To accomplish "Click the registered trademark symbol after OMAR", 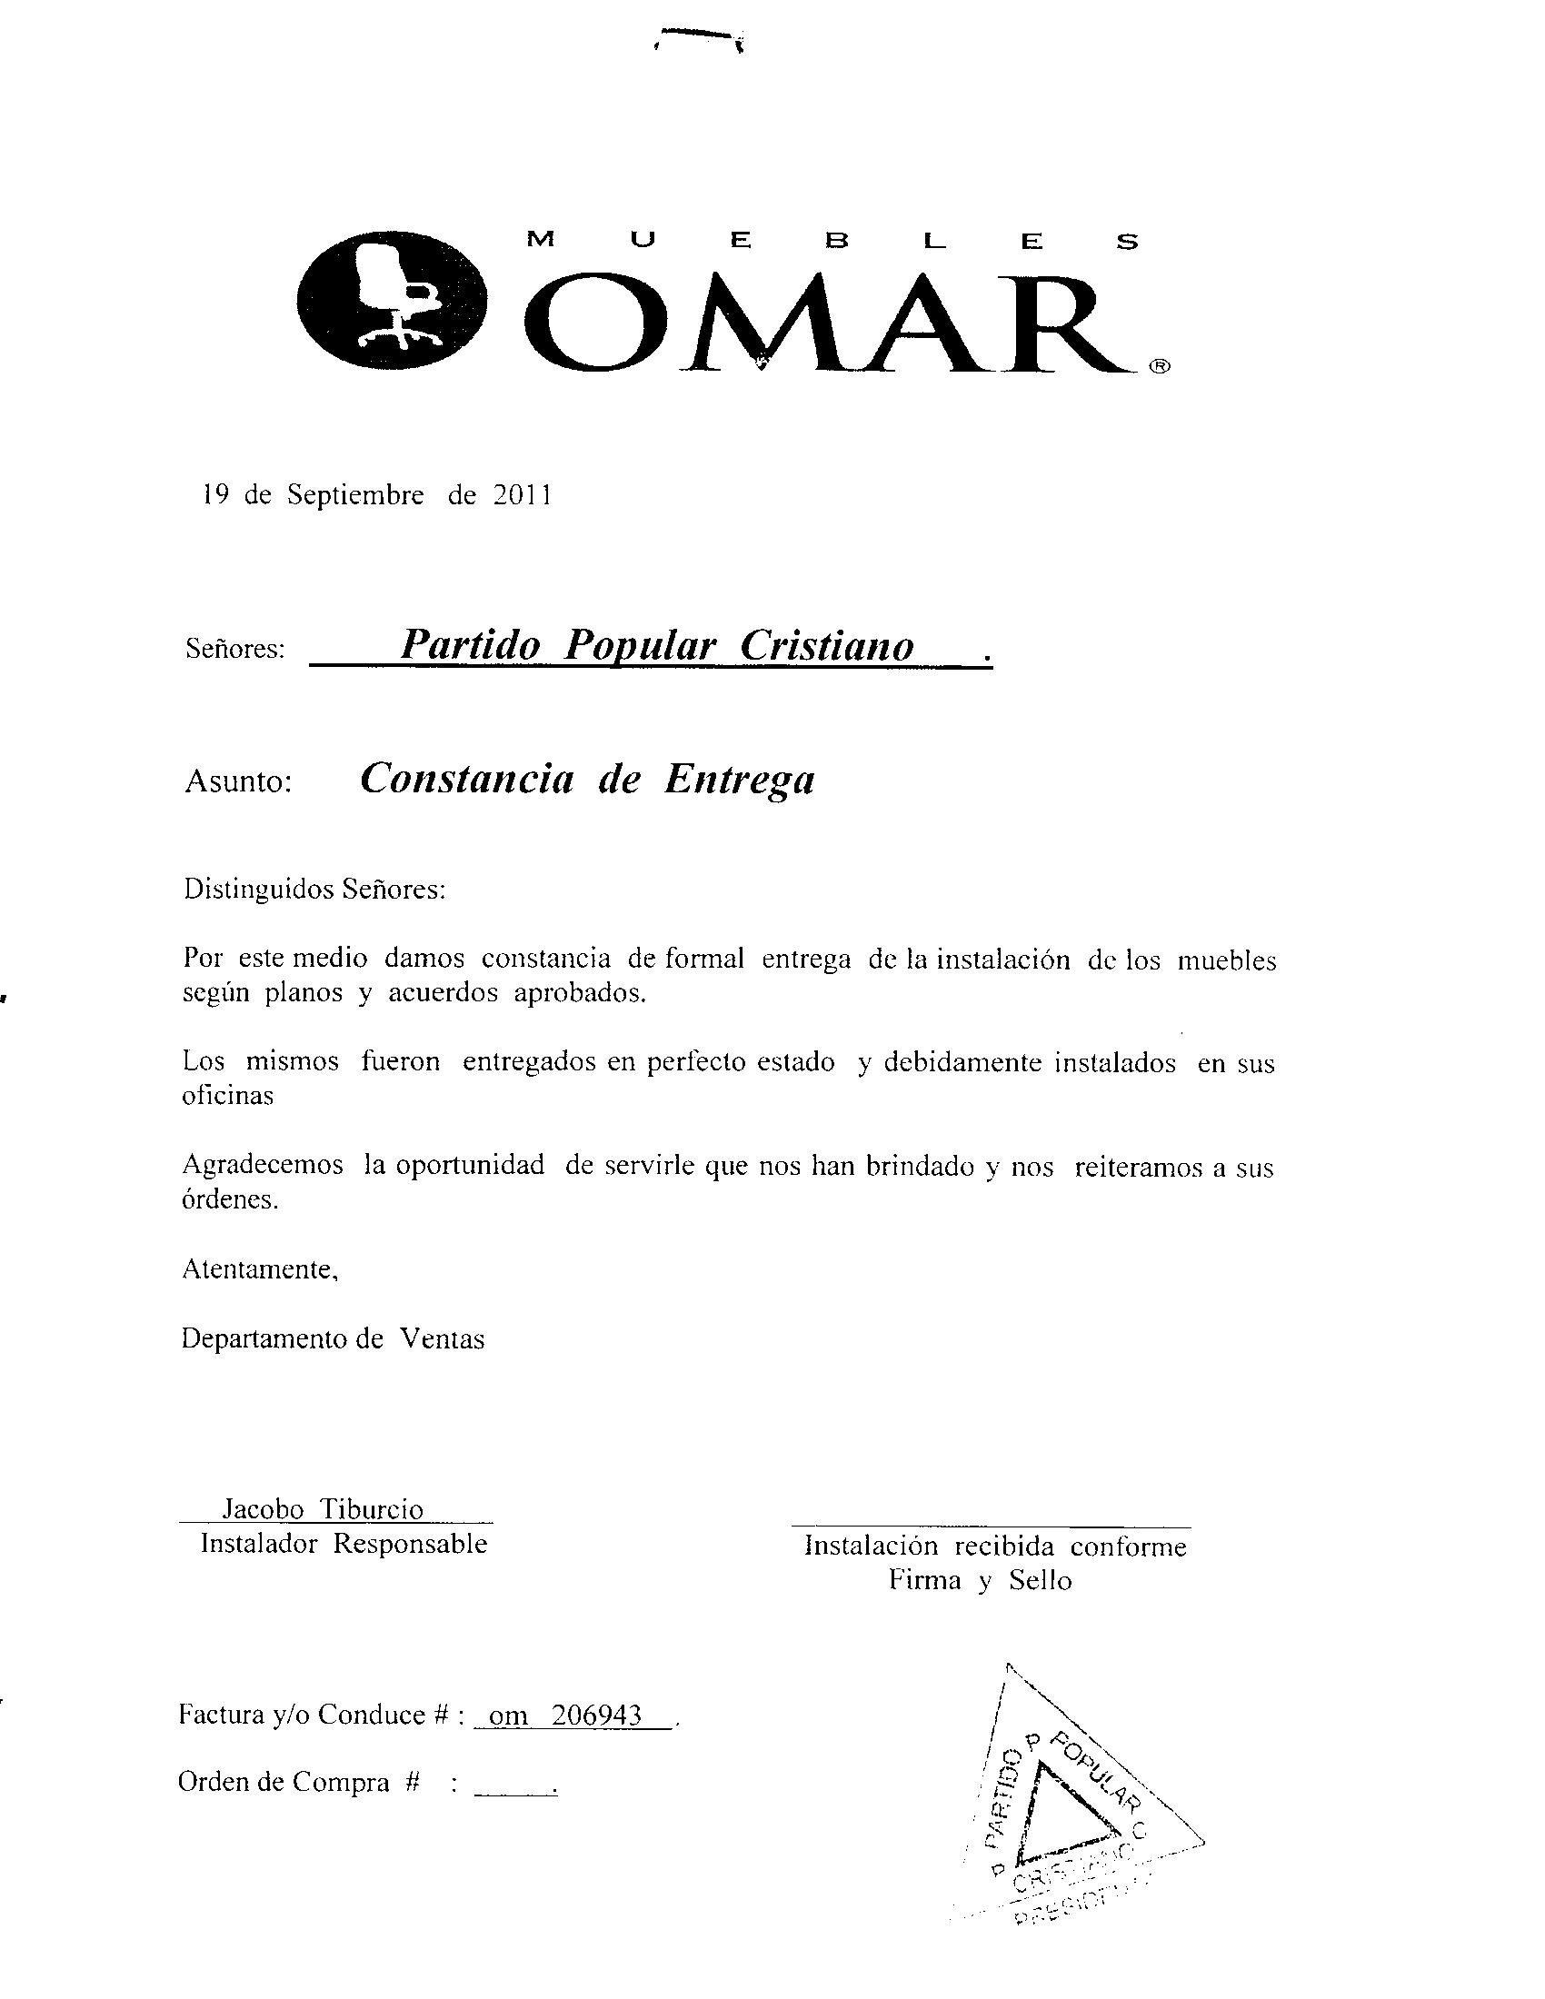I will (1158, 367).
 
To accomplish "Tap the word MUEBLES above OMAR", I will (832, 242).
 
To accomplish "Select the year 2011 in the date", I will (523, 495).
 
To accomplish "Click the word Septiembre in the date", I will (355, 495).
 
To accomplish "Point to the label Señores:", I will (235, 649).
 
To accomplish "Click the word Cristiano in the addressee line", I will (826, 645).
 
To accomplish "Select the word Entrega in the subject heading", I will (739, 779).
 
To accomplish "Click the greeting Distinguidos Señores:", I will (314, 889).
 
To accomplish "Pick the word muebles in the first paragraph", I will (1227, 961).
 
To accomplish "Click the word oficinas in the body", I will (228, 1096).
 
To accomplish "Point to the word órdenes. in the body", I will (230, 1200).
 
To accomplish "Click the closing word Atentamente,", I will (261, 1269).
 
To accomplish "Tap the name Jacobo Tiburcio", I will (324, 1509).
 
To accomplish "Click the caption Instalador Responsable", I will (344, 1544).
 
